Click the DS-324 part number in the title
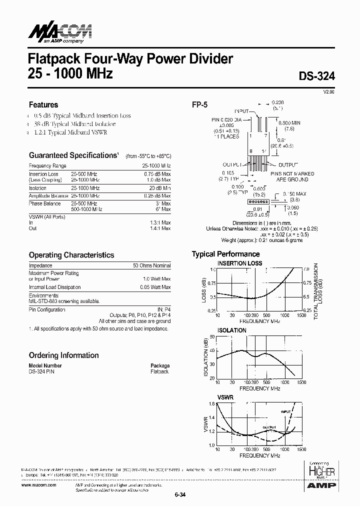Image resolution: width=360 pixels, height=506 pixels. [x=317, y=76]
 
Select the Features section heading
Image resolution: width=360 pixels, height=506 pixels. [x=43, y=105]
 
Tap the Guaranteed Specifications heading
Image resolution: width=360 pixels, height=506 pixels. [x=73, y=155]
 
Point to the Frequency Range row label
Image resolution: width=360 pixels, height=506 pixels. [x=47, y=165]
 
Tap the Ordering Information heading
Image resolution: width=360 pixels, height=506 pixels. [x=63, y=355]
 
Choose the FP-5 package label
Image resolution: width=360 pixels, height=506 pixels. [x=199, y=105]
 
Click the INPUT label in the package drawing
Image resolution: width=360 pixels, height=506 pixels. [x=243, y=110]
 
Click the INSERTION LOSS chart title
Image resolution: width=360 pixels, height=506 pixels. [x=239, y=263]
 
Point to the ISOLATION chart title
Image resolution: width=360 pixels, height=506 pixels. [x=232, y=330]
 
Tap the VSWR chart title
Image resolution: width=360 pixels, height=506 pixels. [x=225, y=396]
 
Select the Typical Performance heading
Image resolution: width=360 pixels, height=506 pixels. [x=225, y=254]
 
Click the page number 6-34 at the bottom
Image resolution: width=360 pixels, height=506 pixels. [x=180, y=495]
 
